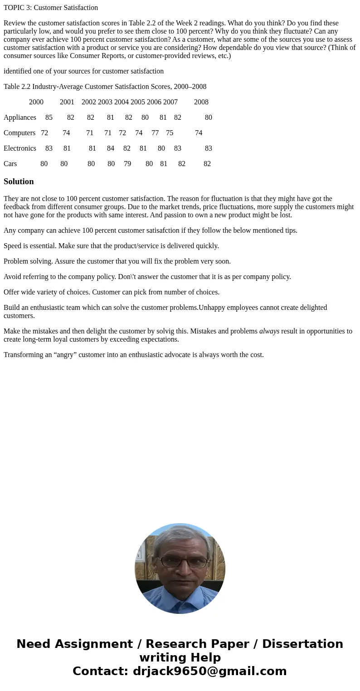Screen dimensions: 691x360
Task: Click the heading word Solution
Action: [19, 181]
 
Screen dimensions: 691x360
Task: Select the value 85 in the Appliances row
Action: [49, 118]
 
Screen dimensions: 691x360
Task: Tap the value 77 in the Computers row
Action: [155, 133]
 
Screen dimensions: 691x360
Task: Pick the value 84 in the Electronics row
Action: [111, 148]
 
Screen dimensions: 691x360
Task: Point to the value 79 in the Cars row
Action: [127, 164]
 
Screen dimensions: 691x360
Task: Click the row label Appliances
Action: [20, 118]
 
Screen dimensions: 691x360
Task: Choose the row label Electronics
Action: [20, 148]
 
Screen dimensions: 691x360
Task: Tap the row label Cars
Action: [10, 164]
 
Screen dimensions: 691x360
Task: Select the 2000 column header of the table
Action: [36, 102]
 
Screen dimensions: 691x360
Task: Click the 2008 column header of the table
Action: [201, 102]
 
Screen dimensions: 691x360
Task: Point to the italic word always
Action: [269, 331]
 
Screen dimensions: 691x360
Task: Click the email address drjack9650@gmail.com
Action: [210, 671]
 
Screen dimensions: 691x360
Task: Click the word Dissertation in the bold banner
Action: [302, 644]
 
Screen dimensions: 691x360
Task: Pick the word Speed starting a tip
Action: [13, 246]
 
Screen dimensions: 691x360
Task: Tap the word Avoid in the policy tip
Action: [13, 277]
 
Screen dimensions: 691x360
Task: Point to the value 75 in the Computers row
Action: [170, 133]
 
